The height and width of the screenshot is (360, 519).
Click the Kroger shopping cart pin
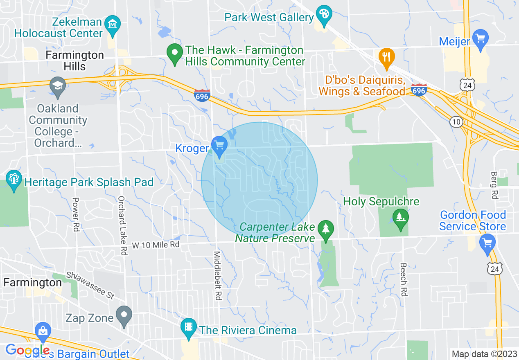click(x=219, y=145)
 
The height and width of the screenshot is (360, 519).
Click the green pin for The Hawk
click(x=175, y=53)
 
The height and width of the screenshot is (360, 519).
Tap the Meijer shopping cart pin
click(x=480, y=38)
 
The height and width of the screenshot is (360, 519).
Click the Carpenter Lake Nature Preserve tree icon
click(x=326, y=229)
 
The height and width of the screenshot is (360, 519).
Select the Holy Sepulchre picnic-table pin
click(x=400, y=218)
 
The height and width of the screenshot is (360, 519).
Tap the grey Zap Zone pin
click(x=124, y=315)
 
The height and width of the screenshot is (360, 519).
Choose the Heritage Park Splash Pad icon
click(x=14, y=179)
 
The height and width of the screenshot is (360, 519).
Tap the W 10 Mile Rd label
click(x=156, y=245)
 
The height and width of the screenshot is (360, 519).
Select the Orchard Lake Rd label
click(x=122, y=226)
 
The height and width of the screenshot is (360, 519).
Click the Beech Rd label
click(x=404, y=279)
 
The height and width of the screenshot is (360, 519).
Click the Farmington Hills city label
click(x=74, y=61)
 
